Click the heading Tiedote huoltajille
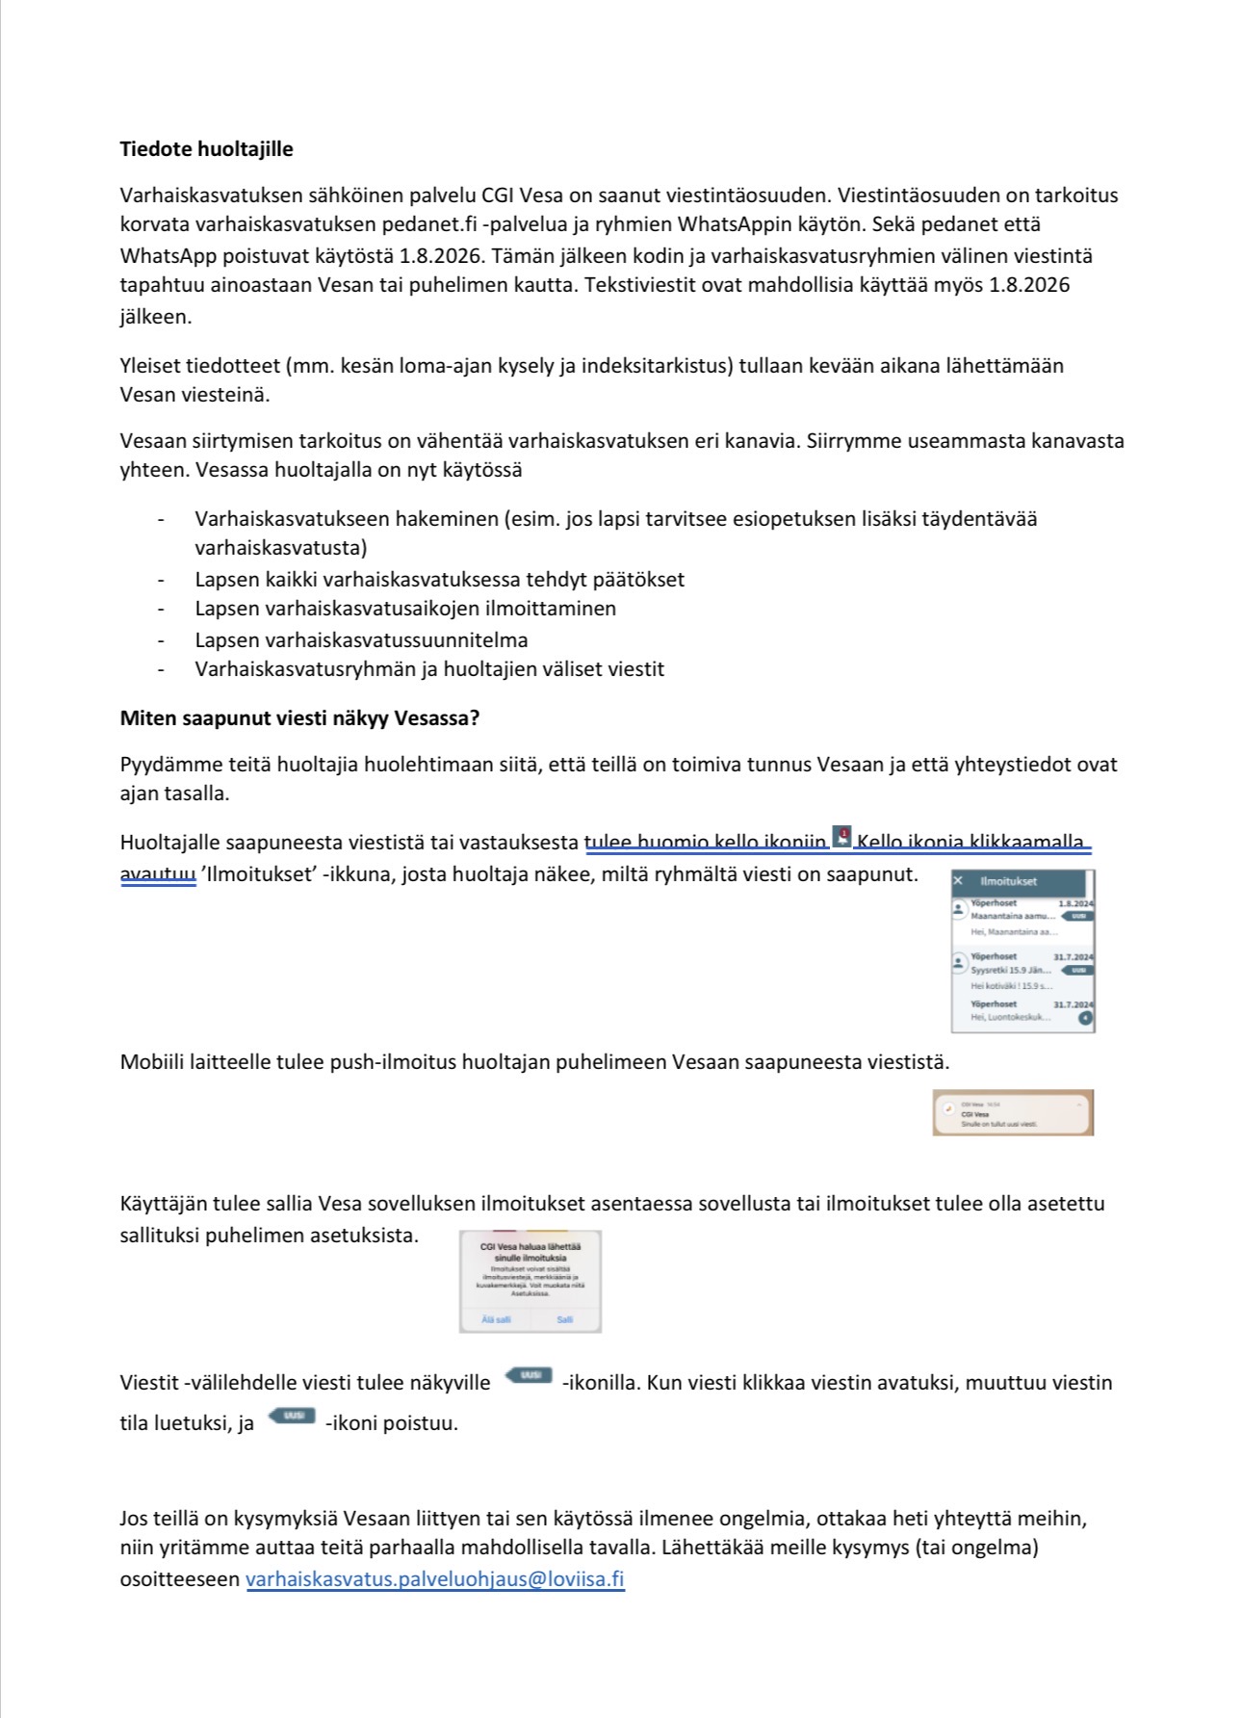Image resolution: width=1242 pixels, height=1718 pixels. [206, 149]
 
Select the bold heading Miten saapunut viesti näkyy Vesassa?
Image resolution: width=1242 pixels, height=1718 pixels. [299, 718]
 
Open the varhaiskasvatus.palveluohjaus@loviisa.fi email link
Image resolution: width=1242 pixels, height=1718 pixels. [435, 1579]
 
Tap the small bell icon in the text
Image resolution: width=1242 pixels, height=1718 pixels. [842, 838]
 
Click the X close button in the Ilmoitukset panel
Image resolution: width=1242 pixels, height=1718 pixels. [958, 880]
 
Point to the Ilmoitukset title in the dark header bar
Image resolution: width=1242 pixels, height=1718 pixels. [1008, 881]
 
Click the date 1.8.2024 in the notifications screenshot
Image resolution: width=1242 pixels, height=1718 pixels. [1074, 903]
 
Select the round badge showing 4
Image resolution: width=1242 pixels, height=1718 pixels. [1085, 1018]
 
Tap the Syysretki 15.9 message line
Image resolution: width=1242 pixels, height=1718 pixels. [1010, 970]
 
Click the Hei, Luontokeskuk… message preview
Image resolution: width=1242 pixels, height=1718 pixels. [1010, 1017]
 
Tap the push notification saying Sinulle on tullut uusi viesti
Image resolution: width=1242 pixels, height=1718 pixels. [1012, 1113]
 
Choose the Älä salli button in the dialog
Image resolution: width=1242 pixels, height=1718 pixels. [496, 1319]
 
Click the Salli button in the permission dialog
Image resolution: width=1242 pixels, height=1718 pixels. [565, 1319]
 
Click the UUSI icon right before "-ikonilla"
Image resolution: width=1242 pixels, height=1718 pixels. [530, 1375]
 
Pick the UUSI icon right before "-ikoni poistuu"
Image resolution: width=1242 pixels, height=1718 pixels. [292, 1416]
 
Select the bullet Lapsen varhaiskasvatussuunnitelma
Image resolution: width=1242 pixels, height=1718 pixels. [361, 640]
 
